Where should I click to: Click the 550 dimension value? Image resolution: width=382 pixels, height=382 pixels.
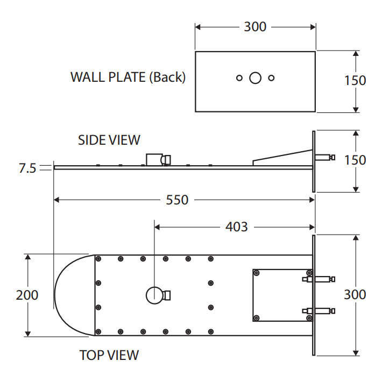177,200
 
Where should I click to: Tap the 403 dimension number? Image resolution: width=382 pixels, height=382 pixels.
236,227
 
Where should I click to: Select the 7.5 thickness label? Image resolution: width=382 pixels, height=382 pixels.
27,168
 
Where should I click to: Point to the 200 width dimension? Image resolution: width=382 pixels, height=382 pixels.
27,295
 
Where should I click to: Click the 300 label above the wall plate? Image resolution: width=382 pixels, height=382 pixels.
255,26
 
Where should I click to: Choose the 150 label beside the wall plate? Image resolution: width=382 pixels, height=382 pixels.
355,80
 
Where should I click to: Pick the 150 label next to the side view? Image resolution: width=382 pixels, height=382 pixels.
355,160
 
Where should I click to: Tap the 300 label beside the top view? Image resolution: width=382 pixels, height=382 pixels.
355,294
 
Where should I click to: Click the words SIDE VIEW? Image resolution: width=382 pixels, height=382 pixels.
109,140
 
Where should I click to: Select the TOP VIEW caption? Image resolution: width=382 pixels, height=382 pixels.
109,355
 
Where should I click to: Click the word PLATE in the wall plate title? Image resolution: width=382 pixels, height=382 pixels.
127,77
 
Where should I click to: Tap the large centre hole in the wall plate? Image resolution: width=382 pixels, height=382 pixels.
256,78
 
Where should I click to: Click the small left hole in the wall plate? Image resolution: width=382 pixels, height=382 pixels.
239,78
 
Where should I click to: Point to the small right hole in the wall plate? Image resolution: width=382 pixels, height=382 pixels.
271,78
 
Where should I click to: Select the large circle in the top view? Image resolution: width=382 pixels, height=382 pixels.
154,295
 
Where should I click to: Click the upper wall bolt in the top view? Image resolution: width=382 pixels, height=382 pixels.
319,279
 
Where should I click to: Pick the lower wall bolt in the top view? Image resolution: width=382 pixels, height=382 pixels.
319,311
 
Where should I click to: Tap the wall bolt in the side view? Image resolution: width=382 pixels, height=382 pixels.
325,157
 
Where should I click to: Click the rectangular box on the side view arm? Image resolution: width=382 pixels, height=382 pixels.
154,160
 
